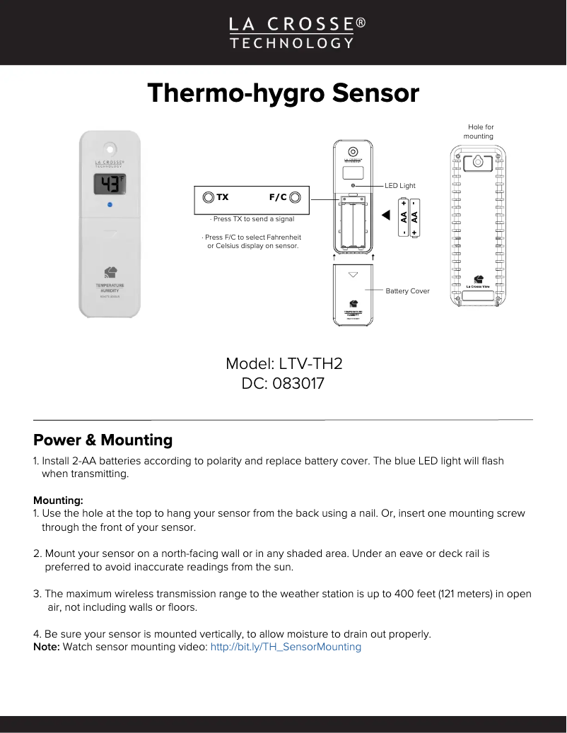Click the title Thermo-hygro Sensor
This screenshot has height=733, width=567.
283,93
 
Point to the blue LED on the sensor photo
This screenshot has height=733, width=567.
109,205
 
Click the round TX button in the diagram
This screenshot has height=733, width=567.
208,197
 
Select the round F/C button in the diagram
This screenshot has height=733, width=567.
296,197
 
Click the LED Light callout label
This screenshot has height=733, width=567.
400,185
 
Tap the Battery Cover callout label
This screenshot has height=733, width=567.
407,291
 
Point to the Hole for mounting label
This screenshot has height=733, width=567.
479,131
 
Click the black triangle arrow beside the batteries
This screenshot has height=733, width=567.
386,214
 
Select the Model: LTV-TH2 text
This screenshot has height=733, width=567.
283,364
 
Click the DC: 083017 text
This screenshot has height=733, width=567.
283,384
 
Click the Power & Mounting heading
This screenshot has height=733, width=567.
103,440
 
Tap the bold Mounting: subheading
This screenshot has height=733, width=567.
58,500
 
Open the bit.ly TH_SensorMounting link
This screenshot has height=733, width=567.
286,647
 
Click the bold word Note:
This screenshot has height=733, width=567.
47,647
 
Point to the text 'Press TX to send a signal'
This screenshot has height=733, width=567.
253,219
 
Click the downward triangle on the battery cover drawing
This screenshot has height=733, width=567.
353,274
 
